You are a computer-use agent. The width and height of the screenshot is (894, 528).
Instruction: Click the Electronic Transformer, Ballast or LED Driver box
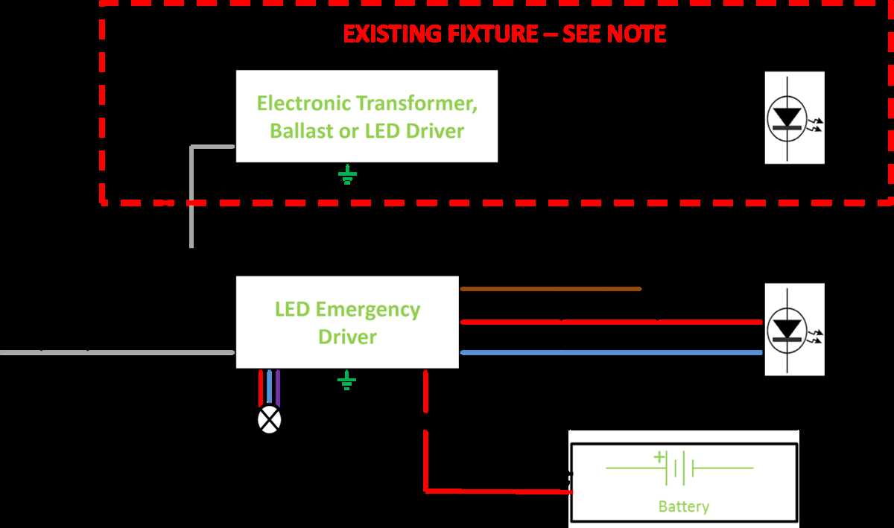click(367, 116)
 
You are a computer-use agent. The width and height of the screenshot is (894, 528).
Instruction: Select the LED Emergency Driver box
click(347, 322)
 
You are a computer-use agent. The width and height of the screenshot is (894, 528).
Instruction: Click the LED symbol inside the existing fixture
click(794, 118)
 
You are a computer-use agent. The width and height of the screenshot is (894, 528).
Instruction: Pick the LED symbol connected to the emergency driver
click(794, 328)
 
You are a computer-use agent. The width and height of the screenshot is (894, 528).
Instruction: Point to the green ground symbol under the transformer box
click(347, 176)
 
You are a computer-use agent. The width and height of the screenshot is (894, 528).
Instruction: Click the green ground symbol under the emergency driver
click(346, 382)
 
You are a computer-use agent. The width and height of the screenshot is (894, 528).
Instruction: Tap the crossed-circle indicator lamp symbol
click(269, 419)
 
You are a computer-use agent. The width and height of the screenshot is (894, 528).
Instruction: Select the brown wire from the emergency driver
click(551, 289)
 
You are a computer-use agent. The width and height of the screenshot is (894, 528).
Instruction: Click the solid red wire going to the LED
click(611, 322)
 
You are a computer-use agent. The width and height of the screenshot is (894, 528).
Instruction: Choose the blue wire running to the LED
click(611, 352)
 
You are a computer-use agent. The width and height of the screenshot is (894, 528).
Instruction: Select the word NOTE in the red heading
click(638, 34)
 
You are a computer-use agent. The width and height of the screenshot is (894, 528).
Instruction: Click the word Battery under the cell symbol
click(683, 507)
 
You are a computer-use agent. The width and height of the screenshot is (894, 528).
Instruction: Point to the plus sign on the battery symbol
click(659, 457)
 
